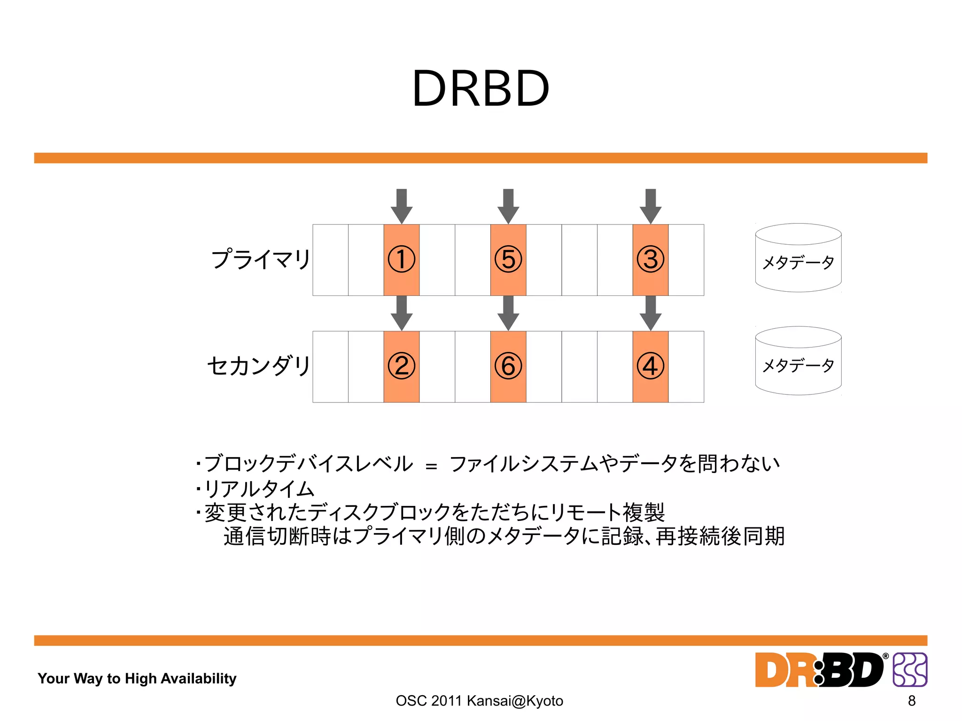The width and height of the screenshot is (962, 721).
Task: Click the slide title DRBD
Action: click(481, 89)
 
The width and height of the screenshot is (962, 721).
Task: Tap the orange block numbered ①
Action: click(401, 260)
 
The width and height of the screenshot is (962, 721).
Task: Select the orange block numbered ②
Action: click(401, 366)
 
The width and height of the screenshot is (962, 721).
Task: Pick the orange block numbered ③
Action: click(650, 260)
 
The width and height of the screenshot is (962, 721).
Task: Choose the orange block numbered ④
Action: click(650, 366)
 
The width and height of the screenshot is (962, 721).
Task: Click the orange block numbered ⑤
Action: click(508, 260)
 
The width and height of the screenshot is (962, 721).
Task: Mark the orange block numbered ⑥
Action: click(508, 366)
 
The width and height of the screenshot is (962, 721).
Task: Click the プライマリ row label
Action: click(261, 259)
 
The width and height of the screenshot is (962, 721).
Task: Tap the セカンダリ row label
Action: click(258, 366)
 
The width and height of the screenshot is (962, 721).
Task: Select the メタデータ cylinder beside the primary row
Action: click(798, 258)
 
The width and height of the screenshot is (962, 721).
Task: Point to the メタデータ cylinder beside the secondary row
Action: click(798, 361)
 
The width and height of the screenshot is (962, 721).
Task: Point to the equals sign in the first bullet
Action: click(431, 466)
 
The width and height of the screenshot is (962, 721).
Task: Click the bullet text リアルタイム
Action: click(259, 489)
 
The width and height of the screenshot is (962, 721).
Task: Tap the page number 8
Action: click(911, 700)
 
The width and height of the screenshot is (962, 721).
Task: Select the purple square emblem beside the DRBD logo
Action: click(910, 669)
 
